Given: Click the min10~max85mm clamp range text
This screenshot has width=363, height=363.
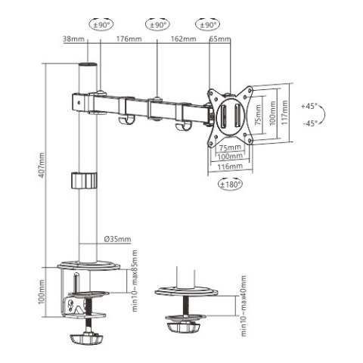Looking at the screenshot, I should pos(135,281).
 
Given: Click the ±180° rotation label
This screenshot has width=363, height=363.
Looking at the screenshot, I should pos(231,184).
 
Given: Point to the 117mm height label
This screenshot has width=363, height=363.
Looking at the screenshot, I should pos(285,113).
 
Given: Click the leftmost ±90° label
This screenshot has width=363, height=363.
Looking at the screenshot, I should pos(99,25).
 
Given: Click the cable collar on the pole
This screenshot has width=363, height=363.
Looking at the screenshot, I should pos(84,181).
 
